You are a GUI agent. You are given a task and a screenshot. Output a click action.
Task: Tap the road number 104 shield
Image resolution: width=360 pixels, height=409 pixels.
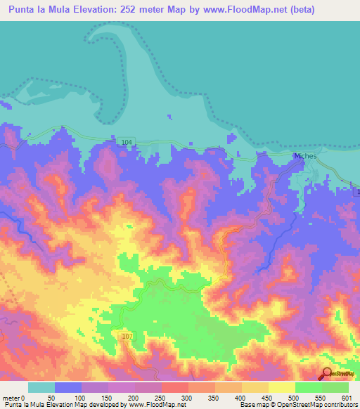[126, 142]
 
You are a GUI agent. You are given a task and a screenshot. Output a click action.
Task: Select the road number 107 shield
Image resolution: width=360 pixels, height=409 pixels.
[127, 337]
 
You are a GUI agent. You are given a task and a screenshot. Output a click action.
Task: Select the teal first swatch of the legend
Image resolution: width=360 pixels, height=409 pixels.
[41, 387]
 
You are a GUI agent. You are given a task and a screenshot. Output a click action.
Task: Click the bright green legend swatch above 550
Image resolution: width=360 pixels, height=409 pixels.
[309, 387]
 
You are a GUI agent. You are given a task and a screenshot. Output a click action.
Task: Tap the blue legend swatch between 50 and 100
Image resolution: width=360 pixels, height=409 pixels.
[68, 387]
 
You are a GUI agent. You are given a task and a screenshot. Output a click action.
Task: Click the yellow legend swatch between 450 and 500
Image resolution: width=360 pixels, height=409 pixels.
[282, 387]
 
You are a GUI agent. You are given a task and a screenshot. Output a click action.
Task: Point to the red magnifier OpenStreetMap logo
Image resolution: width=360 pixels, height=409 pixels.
[328, 372]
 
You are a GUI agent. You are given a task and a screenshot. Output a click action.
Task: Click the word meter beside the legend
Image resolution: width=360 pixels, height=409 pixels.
[10, 398]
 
